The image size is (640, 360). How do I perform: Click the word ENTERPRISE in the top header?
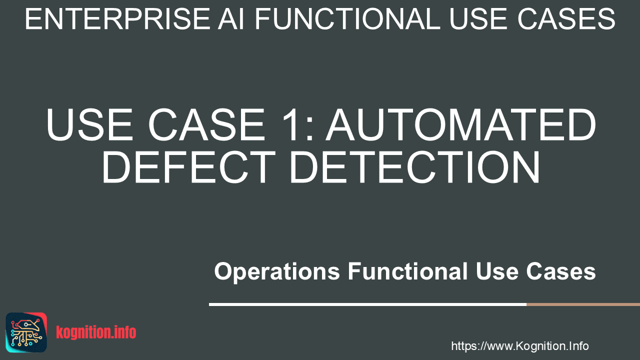[117, 19]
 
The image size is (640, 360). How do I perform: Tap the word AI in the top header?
[231, 19]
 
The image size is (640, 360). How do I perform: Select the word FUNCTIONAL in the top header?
[347, 19]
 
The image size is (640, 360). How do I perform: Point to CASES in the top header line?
[566, 19]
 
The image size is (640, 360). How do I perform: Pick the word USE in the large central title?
[89, 124]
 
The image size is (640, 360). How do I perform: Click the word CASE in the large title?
[206, 124]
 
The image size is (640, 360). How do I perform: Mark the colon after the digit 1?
[309, 129]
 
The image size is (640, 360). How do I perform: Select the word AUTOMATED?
[461, 124]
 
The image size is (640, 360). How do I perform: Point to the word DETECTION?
[415, 167]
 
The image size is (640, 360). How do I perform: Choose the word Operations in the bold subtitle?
[277, 272]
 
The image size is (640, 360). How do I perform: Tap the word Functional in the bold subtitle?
[407, 271]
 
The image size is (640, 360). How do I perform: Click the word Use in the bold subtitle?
[497, 271]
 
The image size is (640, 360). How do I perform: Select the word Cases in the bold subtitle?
[561, 271]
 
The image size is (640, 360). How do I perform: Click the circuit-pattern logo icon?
[26, 332]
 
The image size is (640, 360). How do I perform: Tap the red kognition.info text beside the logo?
[96, 332]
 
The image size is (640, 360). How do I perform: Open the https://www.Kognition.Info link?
[520, 346]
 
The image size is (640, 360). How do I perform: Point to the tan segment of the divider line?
[583, 304]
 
